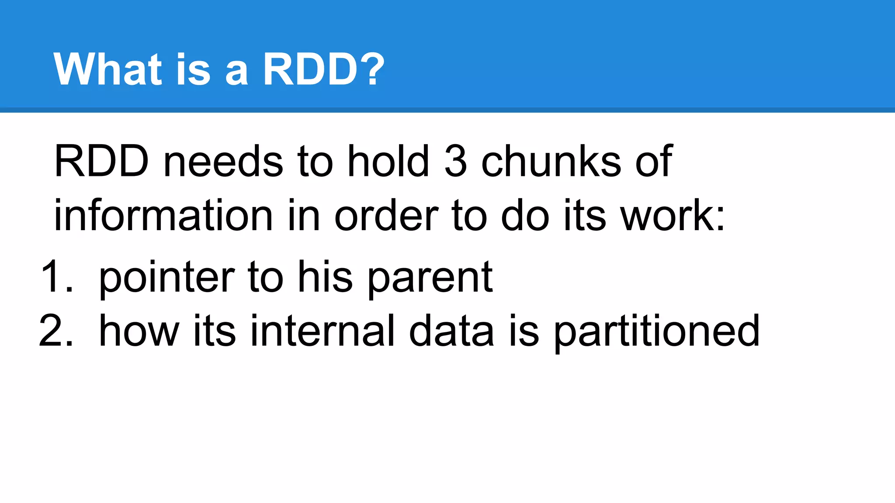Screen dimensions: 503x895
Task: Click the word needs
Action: coord(223,162)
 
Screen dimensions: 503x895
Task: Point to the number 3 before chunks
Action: coord(455,162)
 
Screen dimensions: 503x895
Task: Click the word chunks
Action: coord(551,162)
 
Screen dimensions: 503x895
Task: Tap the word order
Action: coord(386,215)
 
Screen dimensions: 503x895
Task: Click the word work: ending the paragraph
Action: coord(673,215)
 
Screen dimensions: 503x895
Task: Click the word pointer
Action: coord(167,278)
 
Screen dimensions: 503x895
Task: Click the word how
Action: coord(139,331)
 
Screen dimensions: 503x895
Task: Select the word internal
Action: coord(323,331)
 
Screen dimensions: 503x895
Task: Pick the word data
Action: coord(451,331)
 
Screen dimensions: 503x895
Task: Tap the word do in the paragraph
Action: coord(525,215)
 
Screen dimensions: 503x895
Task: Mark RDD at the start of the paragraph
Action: coord(101,162)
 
